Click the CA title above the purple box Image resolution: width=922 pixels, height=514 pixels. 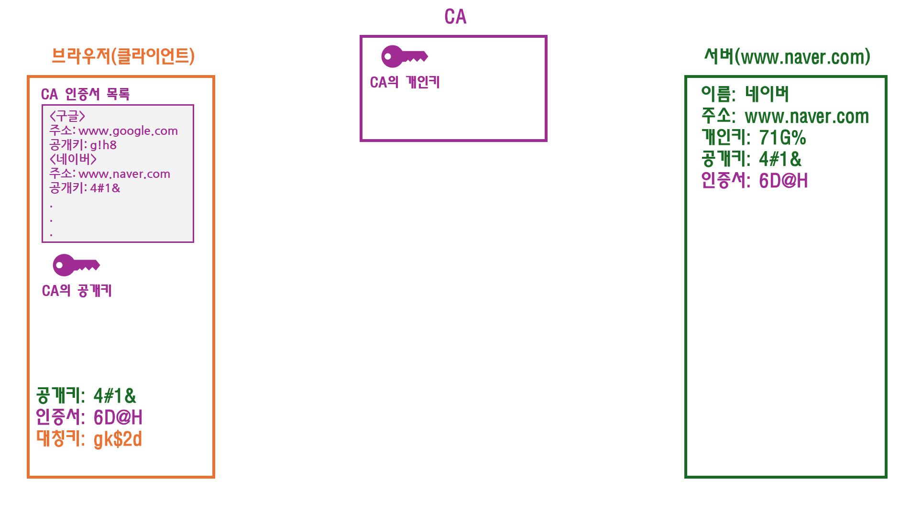tap(455, 17)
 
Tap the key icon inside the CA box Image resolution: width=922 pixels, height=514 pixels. tap(404, 56)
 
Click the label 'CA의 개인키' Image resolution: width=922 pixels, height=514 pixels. tap(405, 82)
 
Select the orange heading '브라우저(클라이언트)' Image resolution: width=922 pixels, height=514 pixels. tap(123, 56)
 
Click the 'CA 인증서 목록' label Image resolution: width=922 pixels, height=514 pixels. tap(85, 94)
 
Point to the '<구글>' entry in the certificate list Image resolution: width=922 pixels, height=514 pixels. tap(67, 116)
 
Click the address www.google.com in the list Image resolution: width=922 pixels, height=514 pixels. tap(128, 131)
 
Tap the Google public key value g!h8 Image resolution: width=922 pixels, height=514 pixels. tap(103, 145)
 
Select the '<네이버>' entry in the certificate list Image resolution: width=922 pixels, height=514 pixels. tap(73, 159)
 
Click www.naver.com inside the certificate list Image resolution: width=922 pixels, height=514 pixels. tap(124, 174)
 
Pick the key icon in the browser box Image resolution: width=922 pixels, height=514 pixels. tap(76, 265)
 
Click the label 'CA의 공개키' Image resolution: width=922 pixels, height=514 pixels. tap(77, 291)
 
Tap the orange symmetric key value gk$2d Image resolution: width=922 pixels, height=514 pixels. tap(118, 439)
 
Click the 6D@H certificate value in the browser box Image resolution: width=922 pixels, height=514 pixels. tap(118, 417)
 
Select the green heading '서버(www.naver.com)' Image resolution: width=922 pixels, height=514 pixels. tap(787, 57)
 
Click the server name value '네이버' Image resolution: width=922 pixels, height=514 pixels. tap(767, 94)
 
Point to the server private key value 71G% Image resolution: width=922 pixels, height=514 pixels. tap(782, 138)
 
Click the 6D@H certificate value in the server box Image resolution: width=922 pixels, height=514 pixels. tap(783, 181)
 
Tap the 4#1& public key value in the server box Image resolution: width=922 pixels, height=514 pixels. tap(780, 159)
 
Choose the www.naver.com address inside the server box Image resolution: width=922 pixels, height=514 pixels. tap(806, 116)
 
